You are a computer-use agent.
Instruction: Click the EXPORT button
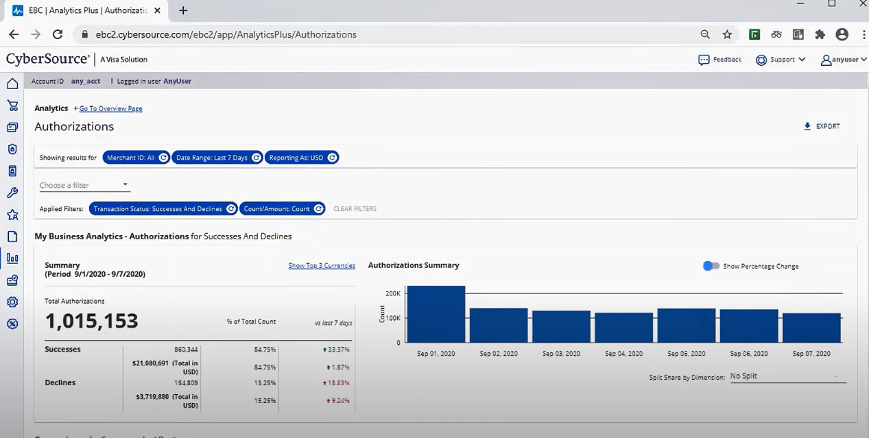[822, 126]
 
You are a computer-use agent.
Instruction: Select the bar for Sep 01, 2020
[436, 315]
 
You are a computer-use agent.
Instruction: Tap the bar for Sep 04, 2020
[623, 328]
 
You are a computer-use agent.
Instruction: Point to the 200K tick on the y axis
[393, 293]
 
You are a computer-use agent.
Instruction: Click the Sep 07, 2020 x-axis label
[811, 354]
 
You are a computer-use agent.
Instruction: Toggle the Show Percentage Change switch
[711, 266]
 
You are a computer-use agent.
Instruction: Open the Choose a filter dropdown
[84, 185]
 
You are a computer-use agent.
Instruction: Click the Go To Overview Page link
[110, 108]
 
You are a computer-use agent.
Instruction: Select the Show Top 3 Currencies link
[322, 266]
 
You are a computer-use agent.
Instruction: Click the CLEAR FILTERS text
[355, 209]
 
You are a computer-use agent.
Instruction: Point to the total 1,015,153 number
[91, 321]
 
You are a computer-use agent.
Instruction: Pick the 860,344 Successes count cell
[186, 350]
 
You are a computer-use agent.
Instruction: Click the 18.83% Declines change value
[336, 383]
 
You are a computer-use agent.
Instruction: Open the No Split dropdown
[787, 376]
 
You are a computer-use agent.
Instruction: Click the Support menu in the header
[781, 60]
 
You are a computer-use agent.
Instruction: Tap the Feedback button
[719, 60]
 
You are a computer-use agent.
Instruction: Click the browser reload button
[58, 34]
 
